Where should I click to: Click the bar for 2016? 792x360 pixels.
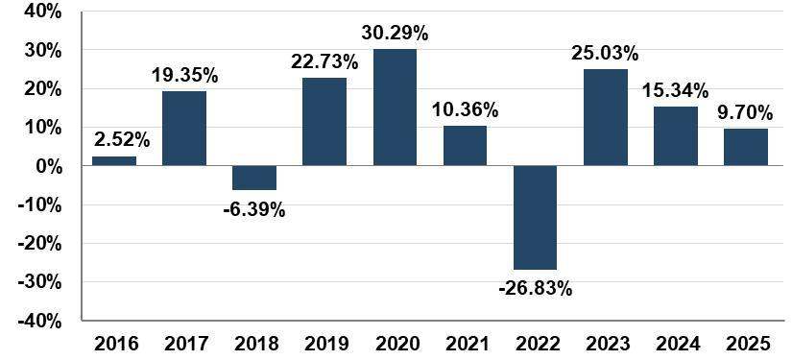[114, 160]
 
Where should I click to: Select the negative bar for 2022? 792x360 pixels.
[536, 218]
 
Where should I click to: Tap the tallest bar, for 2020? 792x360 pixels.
[395, 108]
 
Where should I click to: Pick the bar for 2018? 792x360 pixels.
[254, 178]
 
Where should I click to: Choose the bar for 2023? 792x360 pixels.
[606, 117]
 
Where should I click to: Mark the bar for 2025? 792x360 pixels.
[746, 147]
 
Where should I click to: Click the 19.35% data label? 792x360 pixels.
[185, 75]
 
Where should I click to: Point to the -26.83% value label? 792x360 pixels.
[536, 289]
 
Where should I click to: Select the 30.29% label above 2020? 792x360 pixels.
[395, 34]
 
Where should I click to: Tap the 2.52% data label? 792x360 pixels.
[122, 140]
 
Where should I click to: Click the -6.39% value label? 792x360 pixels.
[254, 209]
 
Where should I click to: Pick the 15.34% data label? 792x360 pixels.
[676, 91]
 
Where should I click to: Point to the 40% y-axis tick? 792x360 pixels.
[43, 12]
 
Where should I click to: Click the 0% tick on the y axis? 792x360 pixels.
[49, 166]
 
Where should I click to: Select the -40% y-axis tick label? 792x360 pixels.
[39, 322]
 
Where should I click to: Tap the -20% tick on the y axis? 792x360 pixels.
[39, 244]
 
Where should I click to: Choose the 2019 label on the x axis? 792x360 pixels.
[325, 344]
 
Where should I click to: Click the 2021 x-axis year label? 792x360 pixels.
[466, 344]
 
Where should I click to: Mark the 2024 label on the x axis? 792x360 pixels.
[677, 344]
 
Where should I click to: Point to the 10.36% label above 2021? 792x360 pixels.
[466, 110]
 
